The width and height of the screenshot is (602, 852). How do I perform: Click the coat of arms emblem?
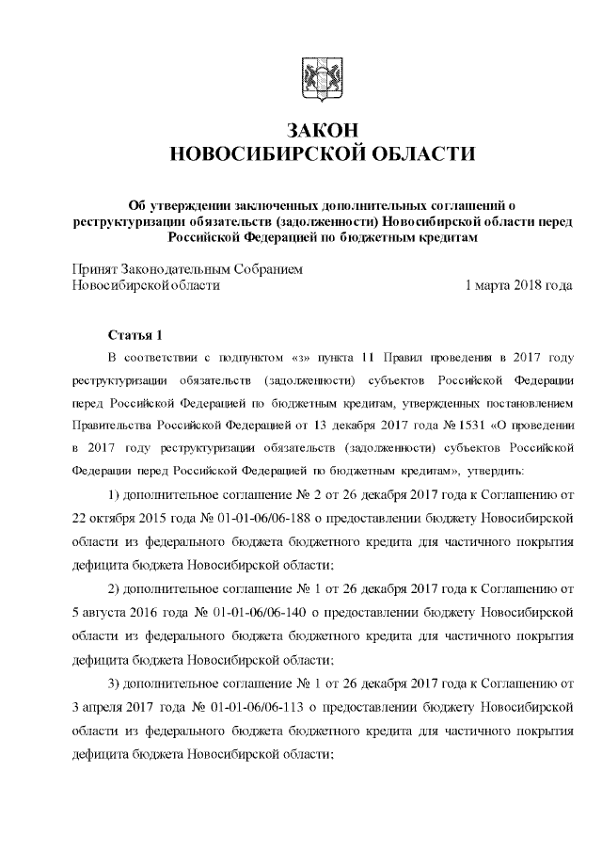311,76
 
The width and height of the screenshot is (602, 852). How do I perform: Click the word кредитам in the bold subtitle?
449,236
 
